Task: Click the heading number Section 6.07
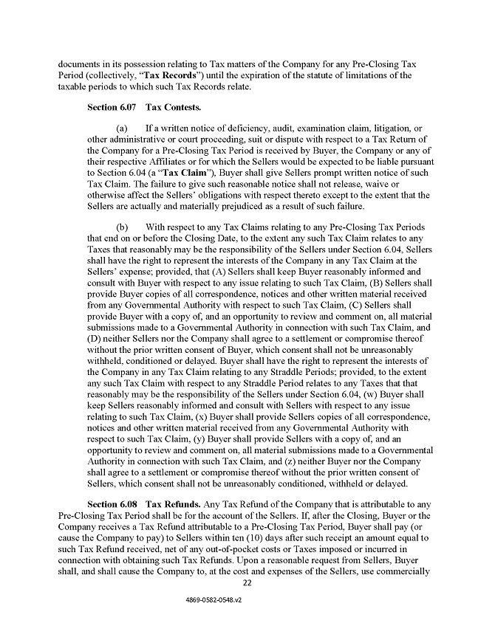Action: coord(112,108)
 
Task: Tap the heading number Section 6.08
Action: coord(112,504)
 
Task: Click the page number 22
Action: coord(247,583)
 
